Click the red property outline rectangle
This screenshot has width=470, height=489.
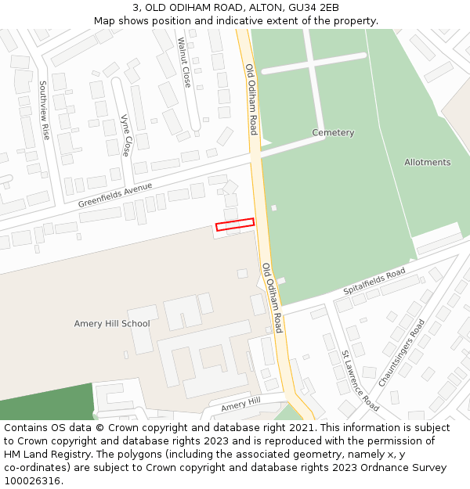pyautogui.click(x=235, y=225)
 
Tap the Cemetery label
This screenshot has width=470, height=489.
pyautogui.click(x=333, y=133)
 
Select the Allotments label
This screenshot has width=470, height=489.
pyautogui.click(x=427, y=163)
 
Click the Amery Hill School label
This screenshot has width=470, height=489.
pyautogui.click(x=112, y=324)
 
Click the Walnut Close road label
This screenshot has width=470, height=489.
pyautogui.click(x=184, y=62)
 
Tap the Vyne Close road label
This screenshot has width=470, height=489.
pyautogui.click(x=125, y=135)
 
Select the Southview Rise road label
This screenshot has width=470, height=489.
pyautogui.click(x=44, y=110)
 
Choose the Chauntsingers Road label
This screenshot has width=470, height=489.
pyautogui.click(x=401, y=353)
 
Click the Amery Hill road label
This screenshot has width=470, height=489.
pyautogui.click(x=240, y=405)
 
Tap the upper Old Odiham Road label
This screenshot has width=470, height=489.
pyautogui.click(x=251, y=99)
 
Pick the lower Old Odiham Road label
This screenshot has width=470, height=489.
pyautogui.click(x=273, y=298)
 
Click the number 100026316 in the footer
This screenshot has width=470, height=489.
pyautogui.click(x=31, y=481)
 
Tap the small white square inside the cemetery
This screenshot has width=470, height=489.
pyautogui.click(x=273, y=207)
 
